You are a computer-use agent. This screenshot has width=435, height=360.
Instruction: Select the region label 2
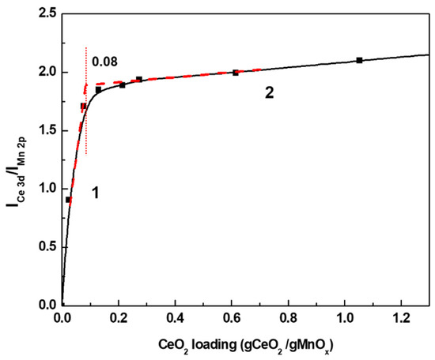(270, 93)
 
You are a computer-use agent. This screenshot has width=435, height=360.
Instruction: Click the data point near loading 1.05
(359, 60)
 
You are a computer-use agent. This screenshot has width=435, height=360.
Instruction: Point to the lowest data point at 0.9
(68, 200)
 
